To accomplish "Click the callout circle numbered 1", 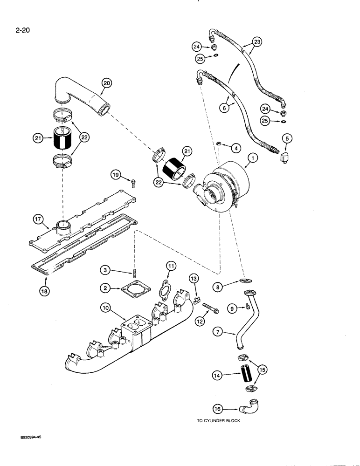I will [252, 158].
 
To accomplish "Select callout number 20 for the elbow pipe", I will [107, 82].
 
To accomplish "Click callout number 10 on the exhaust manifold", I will [105, 308].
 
